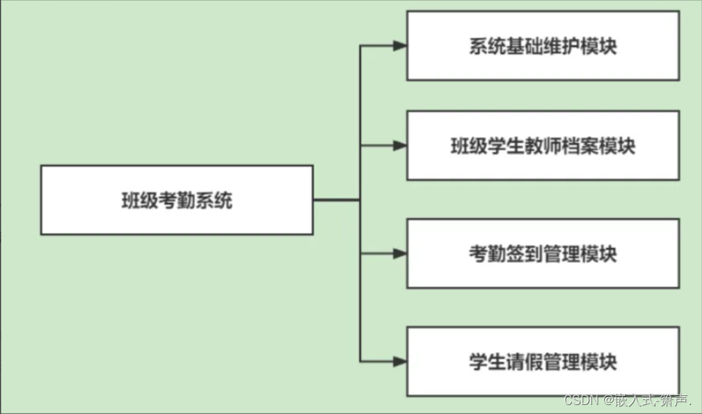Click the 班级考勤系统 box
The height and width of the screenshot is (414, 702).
[x=177, y=200]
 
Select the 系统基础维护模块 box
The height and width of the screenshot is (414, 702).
[x=543, y=46]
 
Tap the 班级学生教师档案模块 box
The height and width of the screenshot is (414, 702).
[x=543, y=146]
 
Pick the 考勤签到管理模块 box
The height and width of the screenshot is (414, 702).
[x=543, y=254]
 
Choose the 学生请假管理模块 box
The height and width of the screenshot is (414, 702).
[x=543, y=362]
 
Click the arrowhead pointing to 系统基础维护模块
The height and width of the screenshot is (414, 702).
[x=399, y=46]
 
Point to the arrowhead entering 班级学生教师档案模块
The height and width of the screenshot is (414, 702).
[x=399, y=146]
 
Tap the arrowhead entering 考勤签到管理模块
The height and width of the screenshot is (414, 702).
[x=399, y=254]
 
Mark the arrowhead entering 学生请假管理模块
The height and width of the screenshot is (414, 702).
[x=399, y=361]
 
